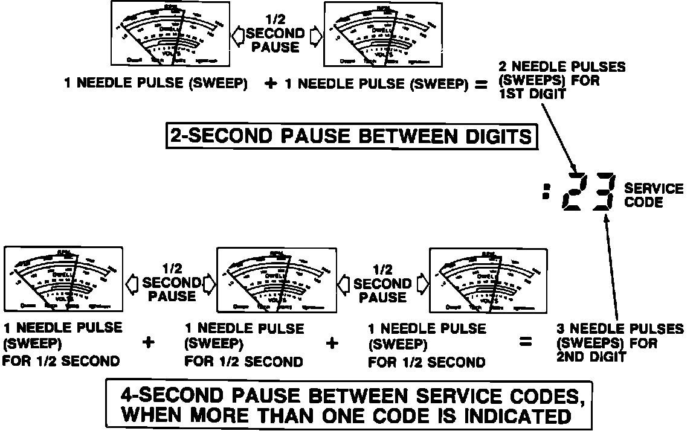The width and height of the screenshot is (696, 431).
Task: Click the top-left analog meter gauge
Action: point(171,33)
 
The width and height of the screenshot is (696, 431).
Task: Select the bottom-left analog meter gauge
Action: point(63,278)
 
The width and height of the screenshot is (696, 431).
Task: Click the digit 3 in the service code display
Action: point(603,192)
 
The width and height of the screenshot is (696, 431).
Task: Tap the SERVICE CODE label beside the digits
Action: point(653,195)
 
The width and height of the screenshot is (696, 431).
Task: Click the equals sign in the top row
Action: point(480,85)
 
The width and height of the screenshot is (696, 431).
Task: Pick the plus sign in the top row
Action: point(271,85)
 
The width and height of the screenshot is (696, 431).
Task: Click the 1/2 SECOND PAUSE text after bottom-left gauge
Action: point(170,283)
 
